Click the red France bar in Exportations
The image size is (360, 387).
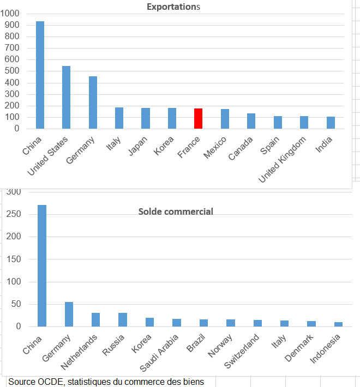coord(199,119)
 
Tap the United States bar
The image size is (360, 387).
coord(67,98)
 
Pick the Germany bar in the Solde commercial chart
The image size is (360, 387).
coord(69,315)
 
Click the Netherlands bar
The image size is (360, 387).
coord(96,320)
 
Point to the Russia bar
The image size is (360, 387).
coord(123,320)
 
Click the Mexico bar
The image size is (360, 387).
coord(225,119)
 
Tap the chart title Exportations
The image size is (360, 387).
coord(173,7)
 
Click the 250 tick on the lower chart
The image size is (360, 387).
coord(14,214)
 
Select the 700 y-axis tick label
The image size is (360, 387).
coord(11,48)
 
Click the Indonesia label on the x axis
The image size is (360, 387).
coord(326,349)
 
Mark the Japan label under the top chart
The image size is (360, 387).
coord(139,145)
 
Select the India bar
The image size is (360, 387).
coord(331,123)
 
